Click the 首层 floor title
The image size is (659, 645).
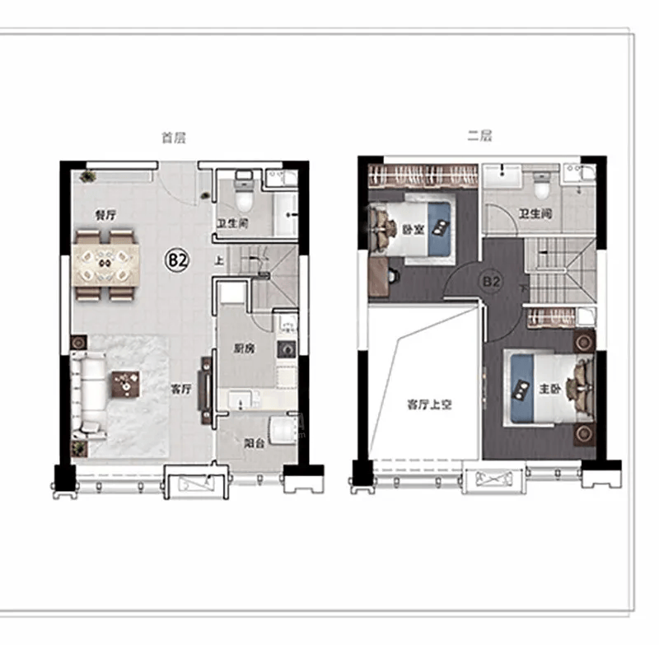click(174, 138)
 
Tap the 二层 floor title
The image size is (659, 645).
click(479, 136)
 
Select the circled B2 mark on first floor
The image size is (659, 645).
click(177, 261)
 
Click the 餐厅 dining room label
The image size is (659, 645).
click(105, 216)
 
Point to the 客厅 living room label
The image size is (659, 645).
click(181, 389)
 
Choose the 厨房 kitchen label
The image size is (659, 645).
click(244, 348)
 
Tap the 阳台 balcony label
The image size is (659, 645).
click(255, 443)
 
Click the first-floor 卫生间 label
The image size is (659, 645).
click(232, 223)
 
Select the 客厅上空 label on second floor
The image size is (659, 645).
click(429, 404)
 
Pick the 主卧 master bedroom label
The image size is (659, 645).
click(549, 389)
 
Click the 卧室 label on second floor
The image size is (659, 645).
click(414, 230)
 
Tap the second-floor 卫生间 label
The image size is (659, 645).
click(535, 214)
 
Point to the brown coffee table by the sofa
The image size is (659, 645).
click(125, 384)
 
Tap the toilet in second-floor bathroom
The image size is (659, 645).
click(541, 186)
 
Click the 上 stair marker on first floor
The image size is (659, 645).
click(219, 260)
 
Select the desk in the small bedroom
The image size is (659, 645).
click(378, 276)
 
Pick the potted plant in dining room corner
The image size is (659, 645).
click(87, 175)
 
